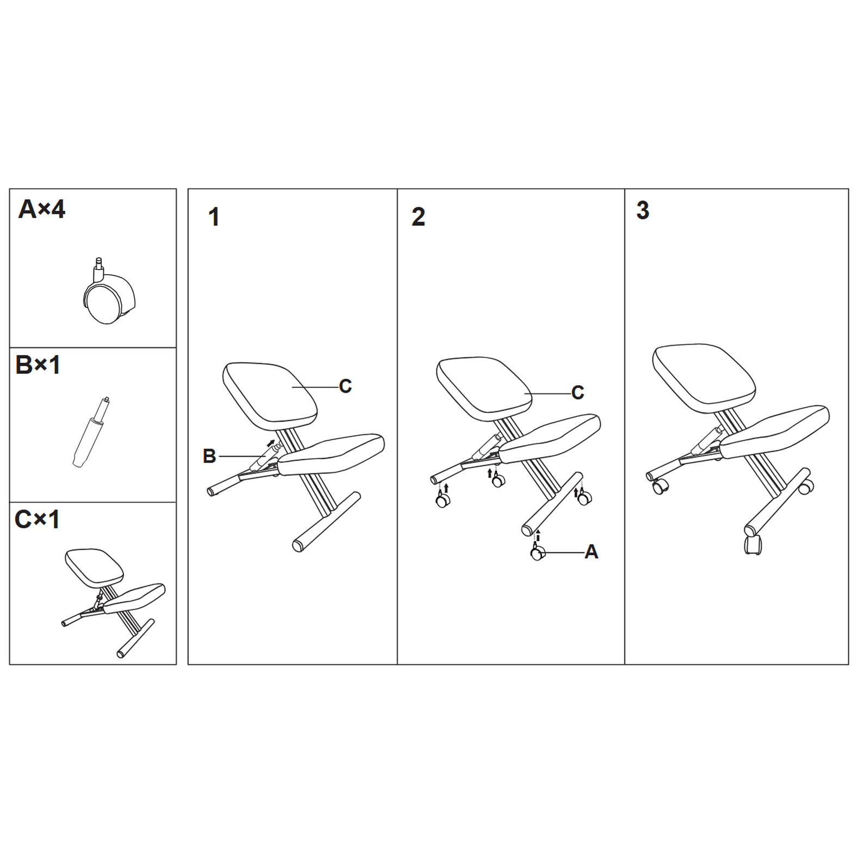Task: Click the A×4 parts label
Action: click(42, 209)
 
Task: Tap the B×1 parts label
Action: click(38, 365)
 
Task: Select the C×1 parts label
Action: click(37, 519)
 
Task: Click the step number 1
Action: click(214, 217)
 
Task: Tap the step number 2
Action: click(418, 217)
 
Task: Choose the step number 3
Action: click(643, 211)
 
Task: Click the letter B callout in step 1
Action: click(209, 456)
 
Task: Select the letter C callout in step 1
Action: click(345, 386)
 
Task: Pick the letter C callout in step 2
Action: click(578, 393)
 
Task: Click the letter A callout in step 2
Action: click(591, 552)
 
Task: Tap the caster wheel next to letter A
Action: click(538, 552)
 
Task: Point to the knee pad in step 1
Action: click(331, 454)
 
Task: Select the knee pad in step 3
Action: click(774, 432)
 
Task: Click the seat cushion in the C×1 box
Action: click(94, 568)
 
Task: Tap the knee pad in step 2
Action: click(550, 439)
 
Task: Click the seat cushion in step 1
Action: click(270, 392)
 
